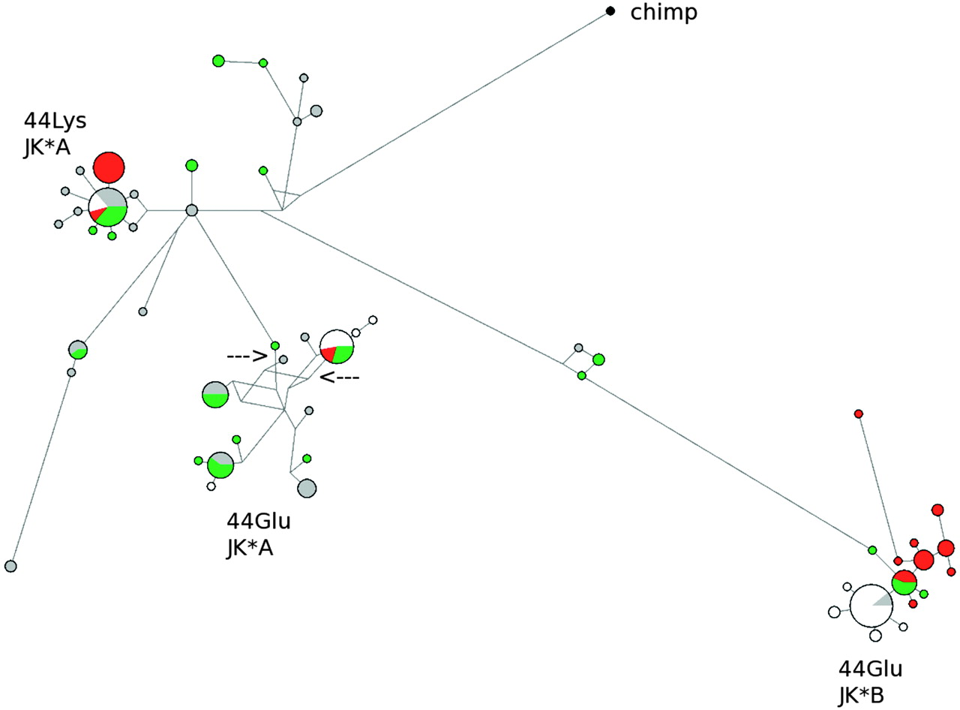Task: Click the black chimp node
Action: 610,11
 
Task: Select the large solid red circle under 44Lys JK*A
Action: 109,167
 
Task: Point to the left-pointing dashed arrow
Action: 340,378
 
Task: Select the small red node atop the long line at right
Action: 859,414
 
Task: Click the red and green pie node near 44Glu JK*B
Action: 904,582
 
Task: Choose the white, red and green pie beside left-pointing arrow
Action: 336,347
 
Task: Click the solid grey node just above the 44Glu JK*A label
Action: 306,488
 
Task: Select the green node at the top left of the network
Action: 218,61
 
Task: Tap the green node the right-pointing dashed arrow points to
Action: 275,345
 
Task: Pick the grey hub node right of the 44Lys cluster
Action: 191,211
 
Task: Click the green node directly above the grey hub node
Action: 191,165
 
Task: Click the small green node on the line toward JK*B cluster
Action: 872,550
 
